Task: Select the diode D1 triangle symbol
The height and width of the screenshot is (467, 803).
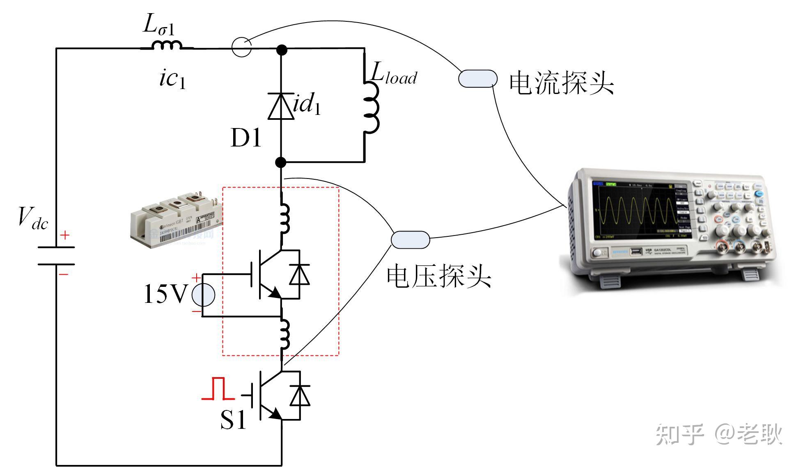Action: click(281, 106)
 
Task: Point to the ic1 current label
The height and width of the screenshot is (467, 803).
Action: click(172, 78)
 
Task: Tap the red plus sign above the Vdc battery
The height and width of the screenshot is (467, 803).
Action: click(65, 235)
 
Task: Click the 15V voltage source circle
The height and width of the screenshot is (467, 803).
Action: click(203, 295)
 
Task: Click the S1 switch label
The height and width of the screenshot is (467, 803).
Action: click(233, 419)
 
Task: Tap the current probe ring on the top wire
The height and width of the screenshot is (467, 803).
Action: click(241, 47)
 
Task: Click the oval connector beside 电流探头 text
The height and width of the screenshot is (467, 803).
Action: click(477, 79)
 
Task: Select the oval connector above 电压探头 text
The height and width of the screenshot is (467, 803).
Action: click(410, 240)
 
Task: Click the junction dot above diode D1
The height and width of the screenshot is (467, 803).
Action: click(281, 50)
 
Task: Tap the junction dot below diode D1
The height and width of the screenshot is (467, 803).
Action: click(281, 163)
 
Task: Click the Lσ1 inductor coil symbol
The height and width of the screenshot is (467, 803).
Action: click(167, 45)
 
